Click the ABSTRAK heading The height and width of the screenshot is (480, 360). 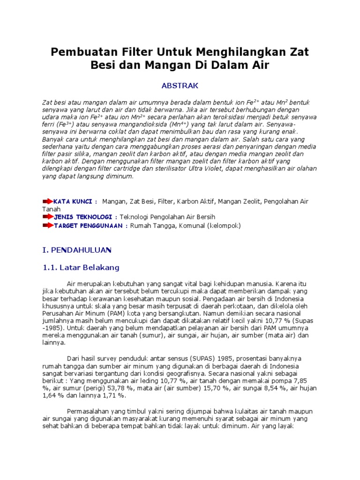(180, 85)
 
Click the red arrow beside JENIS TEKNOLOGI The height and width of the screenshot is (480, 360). (48, 217)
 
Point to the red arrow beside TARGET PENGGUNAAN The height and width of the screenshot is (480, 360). (48, 225)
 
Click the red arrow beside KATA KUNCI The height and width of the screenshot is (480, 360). (48, 201)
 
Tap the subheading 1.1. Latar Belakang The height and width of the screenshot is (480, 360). (81, 268)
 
